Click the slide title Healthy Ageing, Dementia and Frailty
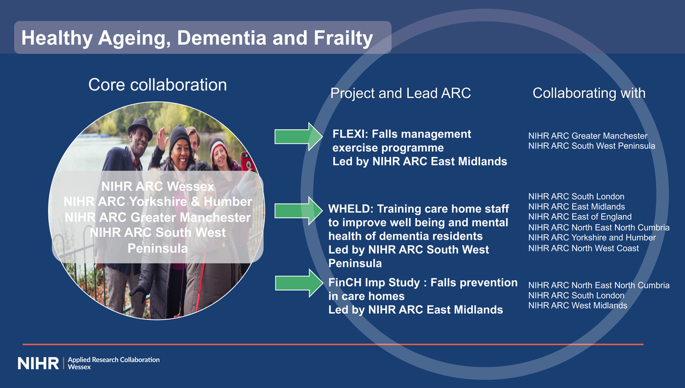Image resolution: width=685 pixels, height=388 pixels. point(197,38)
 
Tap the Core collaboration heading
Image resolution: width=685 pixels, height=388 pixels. point(157,85)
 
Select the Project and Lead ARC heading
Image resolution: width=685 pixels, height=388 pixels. point(400,93)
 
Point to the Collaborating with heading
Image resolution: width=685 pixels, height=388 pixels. point(588,93)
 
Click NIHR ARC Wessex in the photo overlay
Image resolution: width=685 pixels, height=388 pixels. point(157,186)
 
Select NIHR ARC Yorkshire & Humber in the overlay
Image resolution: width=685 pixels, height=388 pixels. point(157,202)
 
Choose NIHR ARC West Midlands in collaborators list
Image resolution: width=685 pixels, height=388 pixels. point(577,306)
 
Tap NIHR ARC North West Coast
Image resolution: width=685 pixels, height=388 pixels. point(583,248)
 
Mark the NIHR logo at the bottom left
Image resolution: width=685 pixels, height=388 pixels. point(38,363)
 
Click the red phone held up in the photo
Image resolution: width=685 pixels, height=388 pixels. point(246,162)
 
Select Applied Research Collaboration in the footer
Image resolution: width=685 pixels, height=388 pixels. point(113,360)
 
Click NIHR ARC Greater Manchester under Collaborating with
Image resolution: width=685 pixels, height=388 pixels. point(587,136)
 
